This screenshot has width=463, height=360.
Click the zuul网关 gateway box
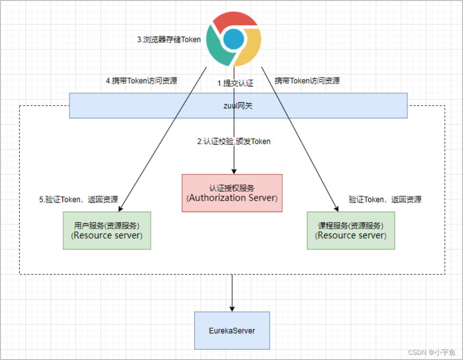click(238, 105)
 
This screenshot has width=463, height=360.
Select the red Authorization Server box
click(232, 193)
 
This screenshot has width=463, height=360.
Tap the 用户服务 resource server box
click(107, 230)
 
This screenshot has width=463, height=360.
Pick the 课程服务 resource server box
click(351, 230)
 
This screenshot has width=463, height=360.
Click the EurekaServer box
click(232, 331)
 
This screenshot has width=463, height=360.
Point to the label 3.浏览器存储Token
click(169, 40)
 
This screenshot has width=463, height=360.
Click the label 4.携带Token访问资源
click(141, 81)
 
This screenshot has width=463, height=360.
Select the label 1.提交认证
click(236, 83)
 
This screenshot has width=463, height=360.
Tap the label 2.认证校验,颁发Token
click(234, 141)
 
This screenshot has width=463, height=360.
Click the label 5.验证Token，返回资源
click(79, 199)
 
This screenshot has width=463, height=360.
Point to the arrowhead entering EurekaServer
click(232, 309)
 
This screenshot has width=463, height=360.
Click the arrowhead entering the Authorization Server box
click(233, 171)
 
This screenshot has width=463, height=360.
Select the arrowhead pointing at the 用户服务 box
click(121, 208)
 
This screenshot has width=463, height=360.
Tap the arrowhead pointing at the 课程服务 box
click(336, 208)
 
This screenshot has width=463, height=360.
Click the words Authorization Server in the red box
click(232, 198)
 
